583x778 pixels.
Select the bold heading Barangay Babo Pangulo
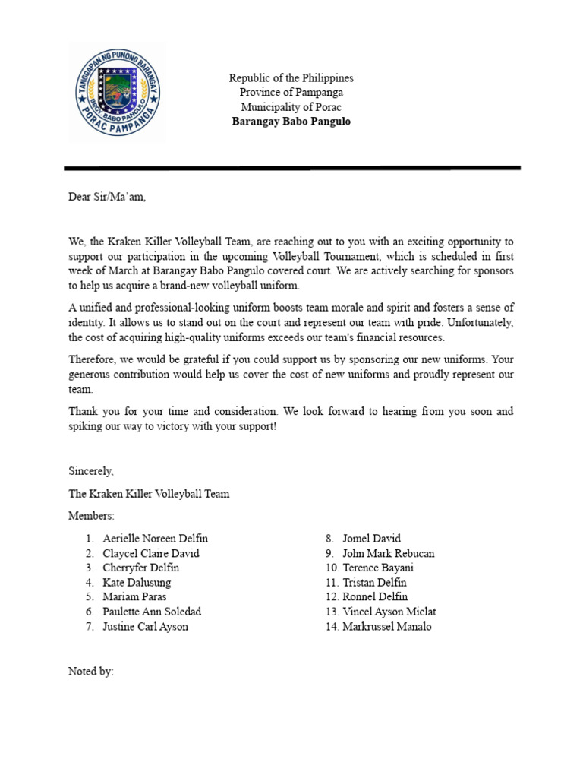pos(291,122)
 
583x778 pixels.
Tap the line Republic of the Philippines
pos(291,78)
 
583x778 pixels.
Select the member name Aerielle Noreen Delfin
pos(155,539)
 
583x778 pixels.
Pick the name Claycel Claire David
pos(151,553)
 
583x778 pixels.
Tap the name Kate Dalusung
pos(137,583)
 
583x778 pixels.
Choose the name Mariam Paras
pos(134,597)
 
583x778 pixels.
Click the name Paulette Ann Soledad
pos(152,612)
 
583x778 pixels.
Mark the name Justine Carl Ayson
pos(145,627)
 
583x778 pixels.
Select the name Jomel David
pos(371,539)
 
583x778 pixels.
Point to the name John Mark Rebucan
pos(388,553)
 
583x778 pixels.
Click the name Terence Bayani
pos(378,568)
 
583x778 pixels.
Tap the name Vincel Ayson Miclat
pos(389,612)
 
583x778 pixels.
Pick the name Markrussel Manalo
pos(386,627)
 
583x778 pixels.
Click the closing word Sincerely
pos(91,472)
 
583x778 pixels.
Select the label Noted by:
pos(91,672)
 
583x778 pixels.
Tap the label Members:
pos(91,516)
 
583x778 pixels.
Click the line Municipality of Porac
pos(291,107)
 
